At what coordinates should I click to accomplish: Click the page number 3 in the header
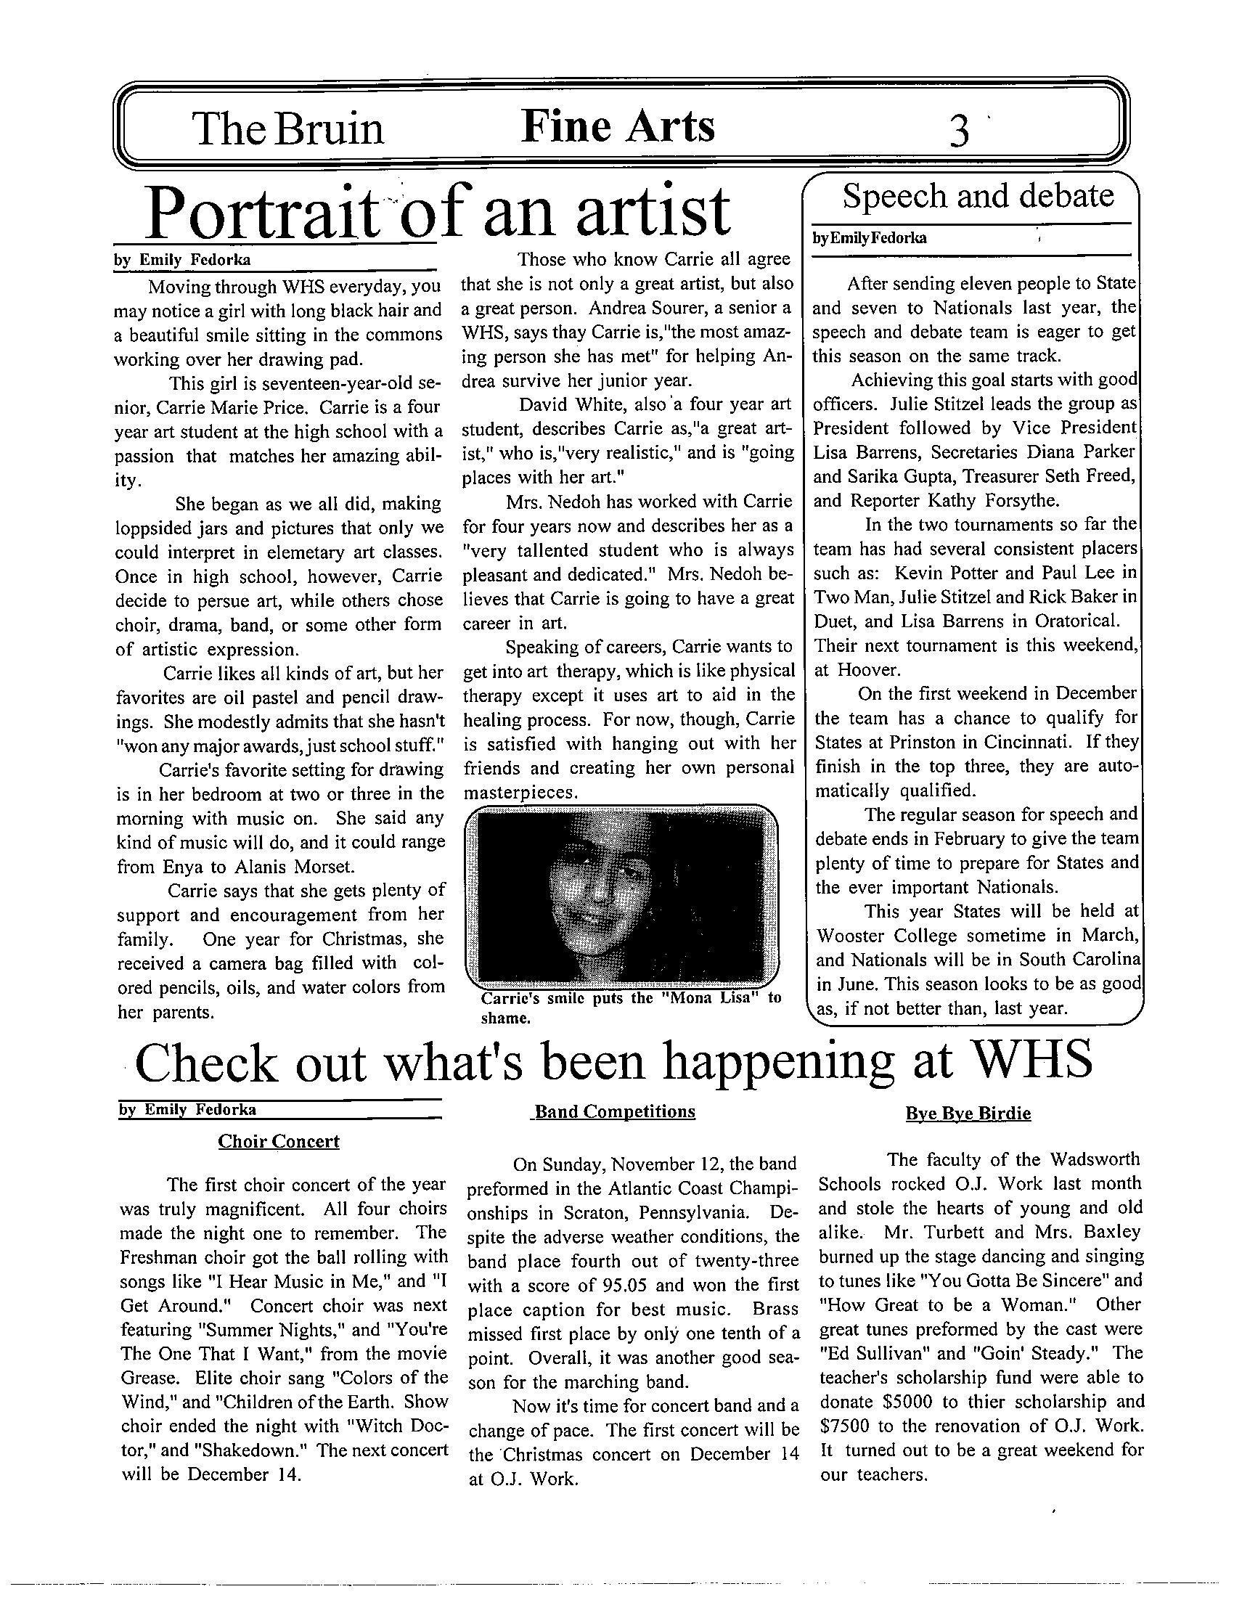point(959,131)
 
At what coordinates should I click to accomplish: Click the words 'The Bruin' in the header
point(288,128)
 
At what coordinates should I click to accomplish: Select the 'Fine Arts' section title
point(617,126)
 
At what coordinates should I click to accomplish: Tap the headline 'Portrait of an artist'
point(437,212)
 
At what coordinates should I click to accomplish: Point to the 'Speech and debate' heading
point(978,196)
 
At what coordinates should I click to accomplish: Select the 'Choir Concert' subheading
point(279,1141)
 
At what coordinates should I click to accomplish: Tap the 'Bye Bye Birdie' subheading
point(968,1114)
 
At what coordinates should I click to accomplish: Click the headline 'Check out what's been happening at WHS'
point(613,1062)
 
